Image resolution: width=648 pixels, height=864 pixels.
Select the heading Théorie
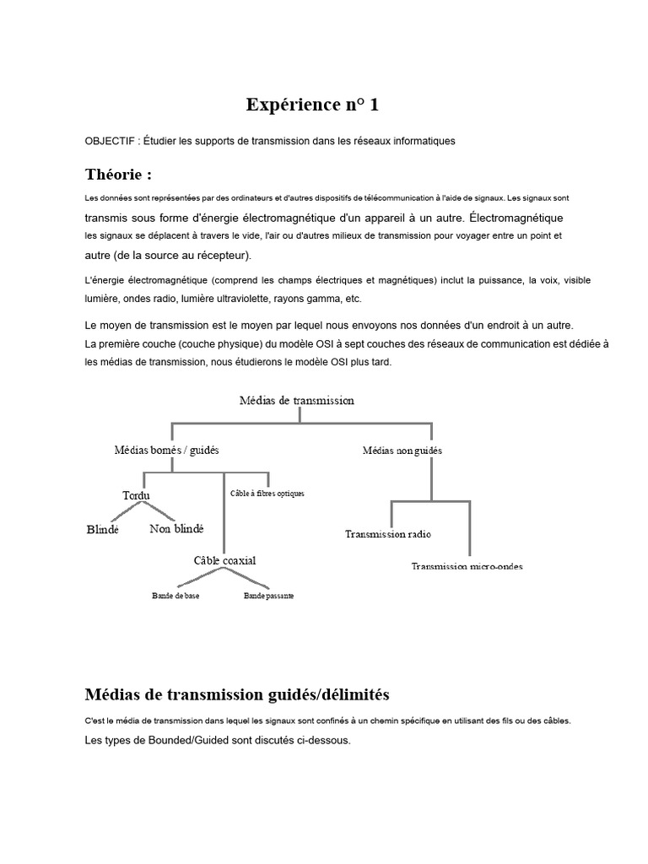[118, 175]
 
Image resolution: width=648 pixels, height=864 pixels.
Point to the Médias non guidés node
[402, 451]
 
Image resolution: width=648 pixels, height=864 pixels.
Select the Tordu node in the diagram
[137, 495]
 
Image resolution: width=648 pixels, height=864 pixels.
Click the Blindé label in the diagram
[103, 530]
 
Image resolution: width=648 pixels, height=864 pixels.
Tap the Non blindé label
[176, 529]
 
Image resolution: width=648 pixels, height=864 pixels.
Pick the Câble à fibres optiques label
[267, 494]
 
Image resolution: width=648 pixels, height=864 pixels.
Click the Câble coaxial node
[224, 560]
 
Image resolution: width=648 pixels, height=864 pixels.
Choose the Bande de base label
[176, 596]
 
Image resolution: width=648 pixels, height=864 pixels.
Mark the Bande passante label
[268, 596]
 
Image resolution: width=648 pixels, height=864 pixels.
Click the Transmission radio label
[389, 533]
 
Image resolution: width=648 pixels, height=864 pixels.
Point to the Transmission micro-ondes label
[467, 566]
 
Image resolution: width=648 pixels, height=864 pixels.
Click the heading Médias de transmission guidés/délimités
[237, 694]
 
